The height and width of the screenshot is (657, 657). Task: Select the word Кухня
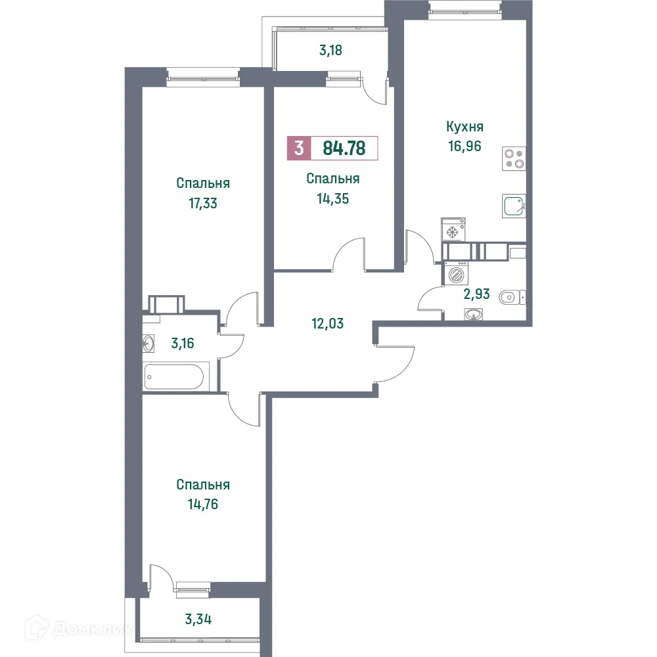pos(464,127)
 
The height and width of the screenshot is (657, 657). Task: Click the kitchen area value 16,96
pos(464,146)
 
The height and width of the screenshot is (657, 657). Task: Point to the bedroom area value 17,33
pos(202,203)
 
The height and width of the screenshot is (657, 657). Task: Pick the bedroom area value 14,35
pos(332,198)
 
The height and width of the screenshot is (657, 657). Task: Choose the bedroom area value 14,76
pos(202,505)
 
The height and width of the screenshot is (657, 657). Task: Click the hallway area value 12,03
pos(328,323)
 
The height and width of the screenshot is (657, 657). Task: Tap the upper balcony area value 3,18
pos(332,49)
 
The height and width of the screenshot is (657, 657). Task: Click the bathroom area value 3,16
pos(183,342)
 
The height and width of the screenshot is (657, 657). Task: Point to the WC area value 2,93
pos(476,294)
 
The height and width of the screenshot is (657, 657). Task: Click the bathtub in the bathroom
pos(176,377)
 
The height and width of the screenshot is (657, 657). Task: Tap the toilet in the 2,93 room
pos(512,298)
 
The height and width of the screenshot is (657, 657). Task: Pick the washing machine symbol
pos(455,273)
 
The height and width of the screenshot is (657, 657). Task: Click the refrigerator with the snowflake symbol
pos(452,231)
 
